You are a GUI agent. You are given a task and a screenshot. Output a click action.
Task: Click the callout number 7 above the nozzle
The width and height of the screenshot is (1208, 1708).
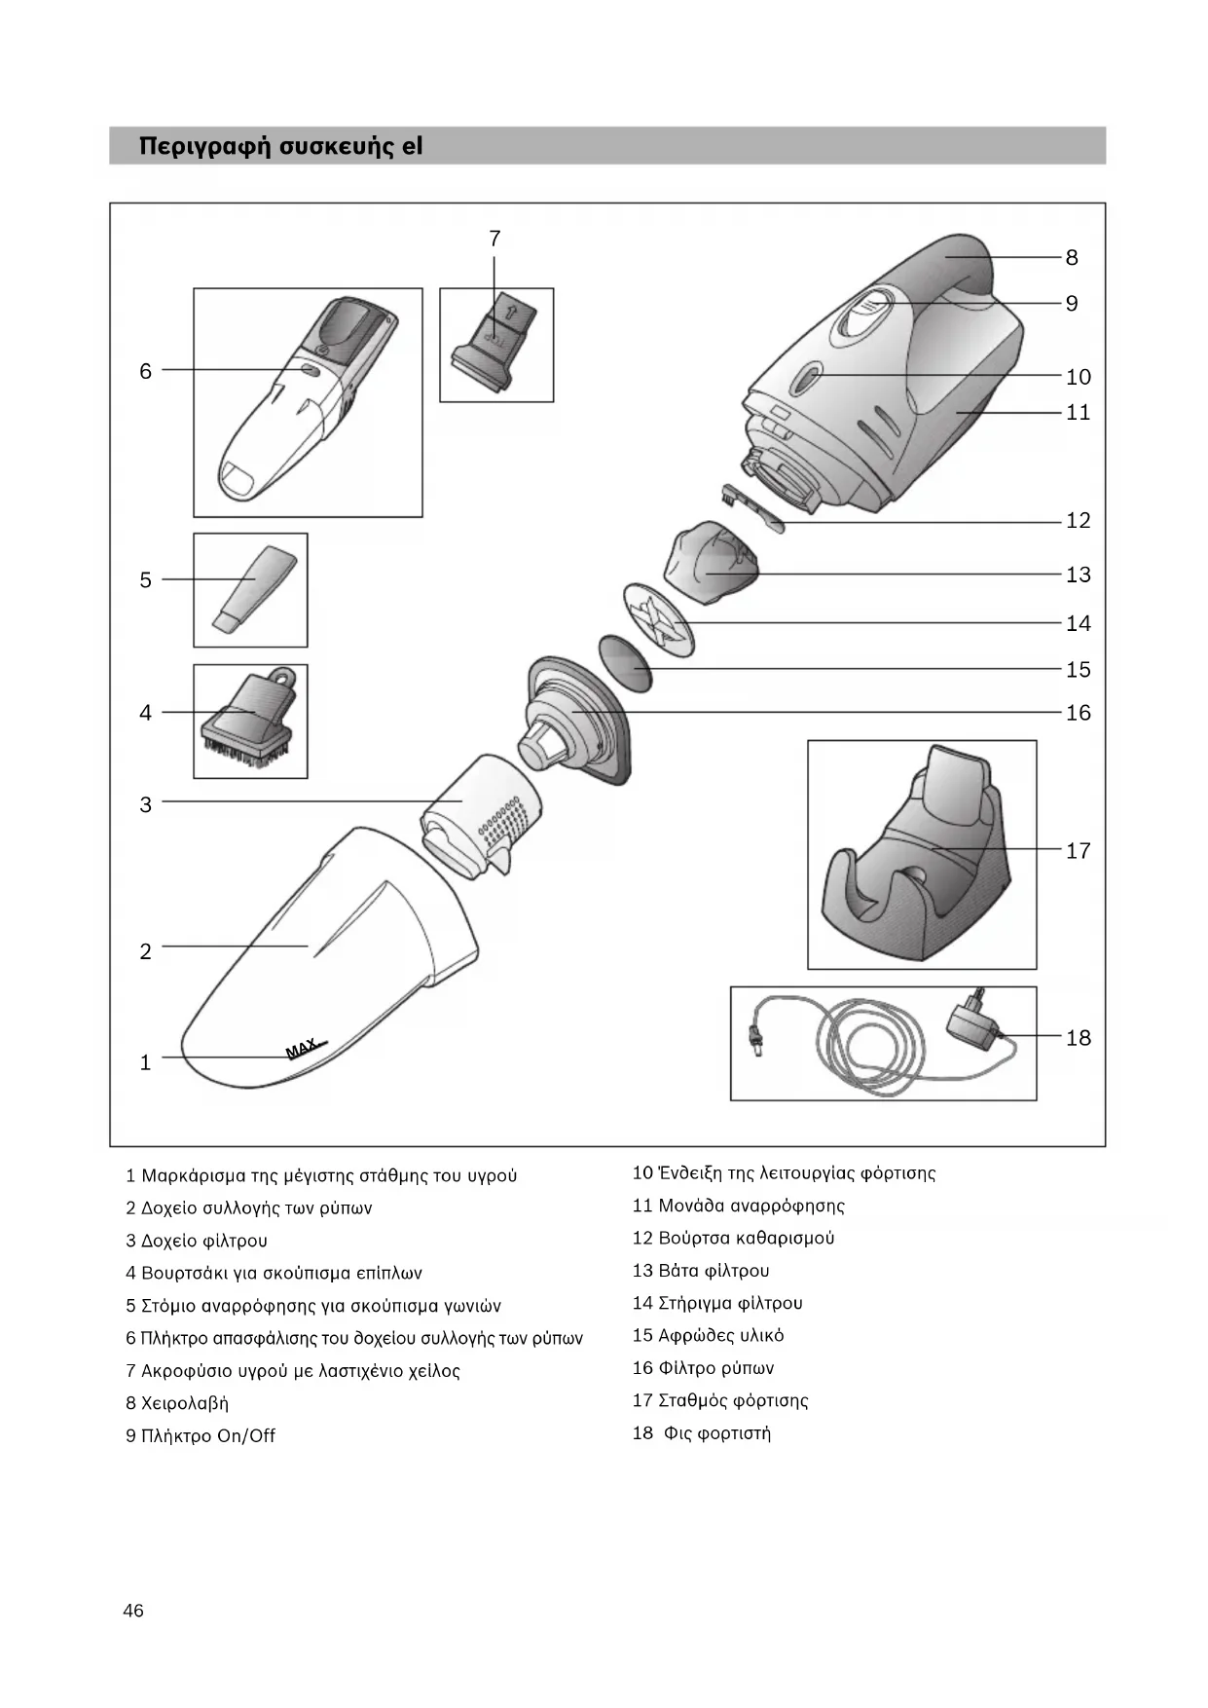tap(494, 239)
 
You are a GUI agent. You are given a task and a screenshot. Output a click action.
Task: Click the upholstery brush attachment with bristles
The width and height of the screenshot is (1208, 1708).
tap(251, 724)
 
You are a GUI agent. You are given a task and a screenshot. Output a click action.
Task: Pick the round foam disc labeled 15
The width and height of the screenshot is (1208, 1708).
tap(624, 662)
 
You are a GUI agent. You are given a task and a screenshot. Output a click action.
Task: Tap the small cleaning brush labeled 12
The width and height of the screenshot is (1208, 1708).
tap(750, 507)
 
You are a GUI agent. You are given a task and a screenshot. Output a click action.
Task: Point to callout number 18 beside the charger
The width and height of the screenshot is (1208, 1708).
tap(1078, 1038)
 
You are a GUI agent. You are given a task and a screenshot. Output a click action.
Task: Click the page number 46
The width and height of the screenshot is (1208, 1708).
tap(133, 1611)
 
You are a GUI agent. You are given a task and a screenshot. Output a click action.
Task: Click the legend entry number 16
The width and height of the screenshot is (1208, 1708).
tap(642, 1368)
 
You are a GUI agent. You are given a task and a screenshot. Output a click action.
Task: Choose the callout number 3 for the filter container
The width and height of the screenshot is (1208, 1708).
tap(146, 804)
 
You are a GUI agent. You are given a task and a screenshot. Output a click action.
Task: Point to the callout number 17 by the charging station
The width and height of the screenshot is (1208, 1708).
tap(1078, 851)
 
